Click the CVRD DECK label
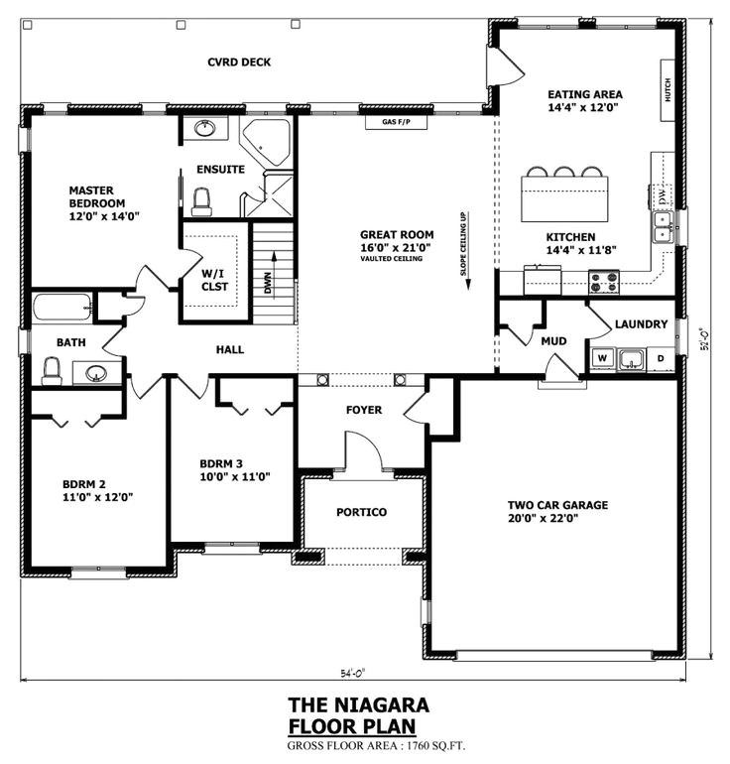coord(239,62)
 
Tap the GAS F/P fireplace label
coord(397,124)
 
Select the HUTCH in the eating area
coord(668,91)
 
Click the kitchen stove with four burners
coord(606,284)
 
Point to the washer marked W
coord(602,358)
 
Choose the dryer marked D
coord(660,358)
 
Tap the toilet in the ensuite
coord(202,202)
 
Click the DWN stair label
coord(267,283)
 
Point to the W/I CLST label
coord(214,280)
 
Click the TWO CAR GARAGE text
coord(557,504)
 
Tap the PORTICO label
coord(361,512)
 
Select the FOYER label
coord(363,410)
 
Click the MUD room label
coord(553,341)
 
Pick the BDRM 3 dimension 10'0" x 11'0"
coord(235,476)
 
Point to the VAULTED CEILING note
coord(391,259)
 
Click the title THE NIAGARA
coord(358,704)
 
